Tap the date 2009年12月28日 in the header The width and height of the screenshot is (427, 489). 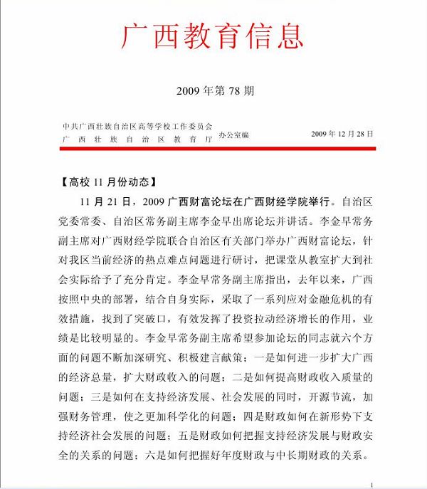pyautogui.click(x=342, y=133)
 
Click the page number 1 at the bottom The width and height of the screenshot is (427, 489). pyautogui.click(x=371, y=485)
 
